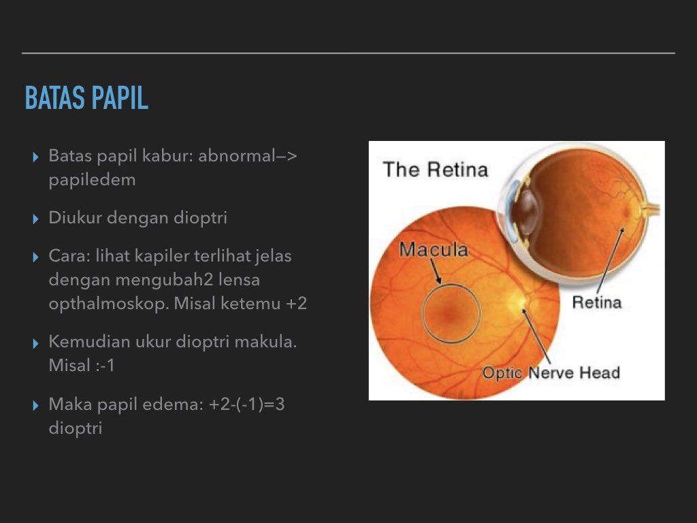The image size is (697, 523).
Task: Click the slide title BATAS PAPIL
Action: click(86, 99)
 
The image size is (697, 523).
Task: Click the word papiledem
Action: click(92, 180)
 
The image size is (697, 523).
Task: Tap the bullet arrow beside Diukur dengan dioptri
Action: click(36, 219)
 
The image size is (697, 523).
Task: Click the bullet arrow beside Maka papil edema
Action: click(36, 406)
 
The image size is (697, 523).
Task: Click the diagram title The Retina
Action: click(436, 169)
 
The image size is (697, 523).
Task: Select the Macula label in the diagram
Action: click(434, 249)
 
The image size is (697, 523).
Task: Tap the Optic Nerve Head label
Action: click(551, 373)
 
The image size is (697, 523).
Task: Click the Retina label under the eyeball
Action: click(596, 301)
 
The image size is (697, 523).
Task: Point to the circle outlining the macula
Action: click(423, 313)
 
